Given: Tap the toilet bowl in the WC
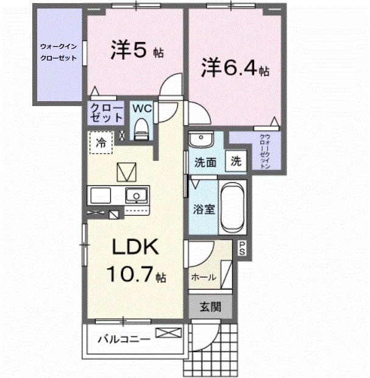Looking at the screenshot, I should pos(142,129).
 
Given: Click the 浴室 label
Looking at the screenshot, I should pos(204,209).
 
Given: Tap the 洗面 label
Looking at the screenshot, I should pos(205,163).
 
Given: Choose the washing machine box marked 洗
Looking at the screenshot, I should pos(236,162).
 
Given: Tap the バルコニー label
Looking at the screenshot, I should pos(124,339).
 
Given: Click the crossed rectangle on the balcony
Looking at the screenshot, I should pos(168,333).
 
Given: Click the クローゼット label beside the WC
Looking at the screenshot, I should pos(107,113).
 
